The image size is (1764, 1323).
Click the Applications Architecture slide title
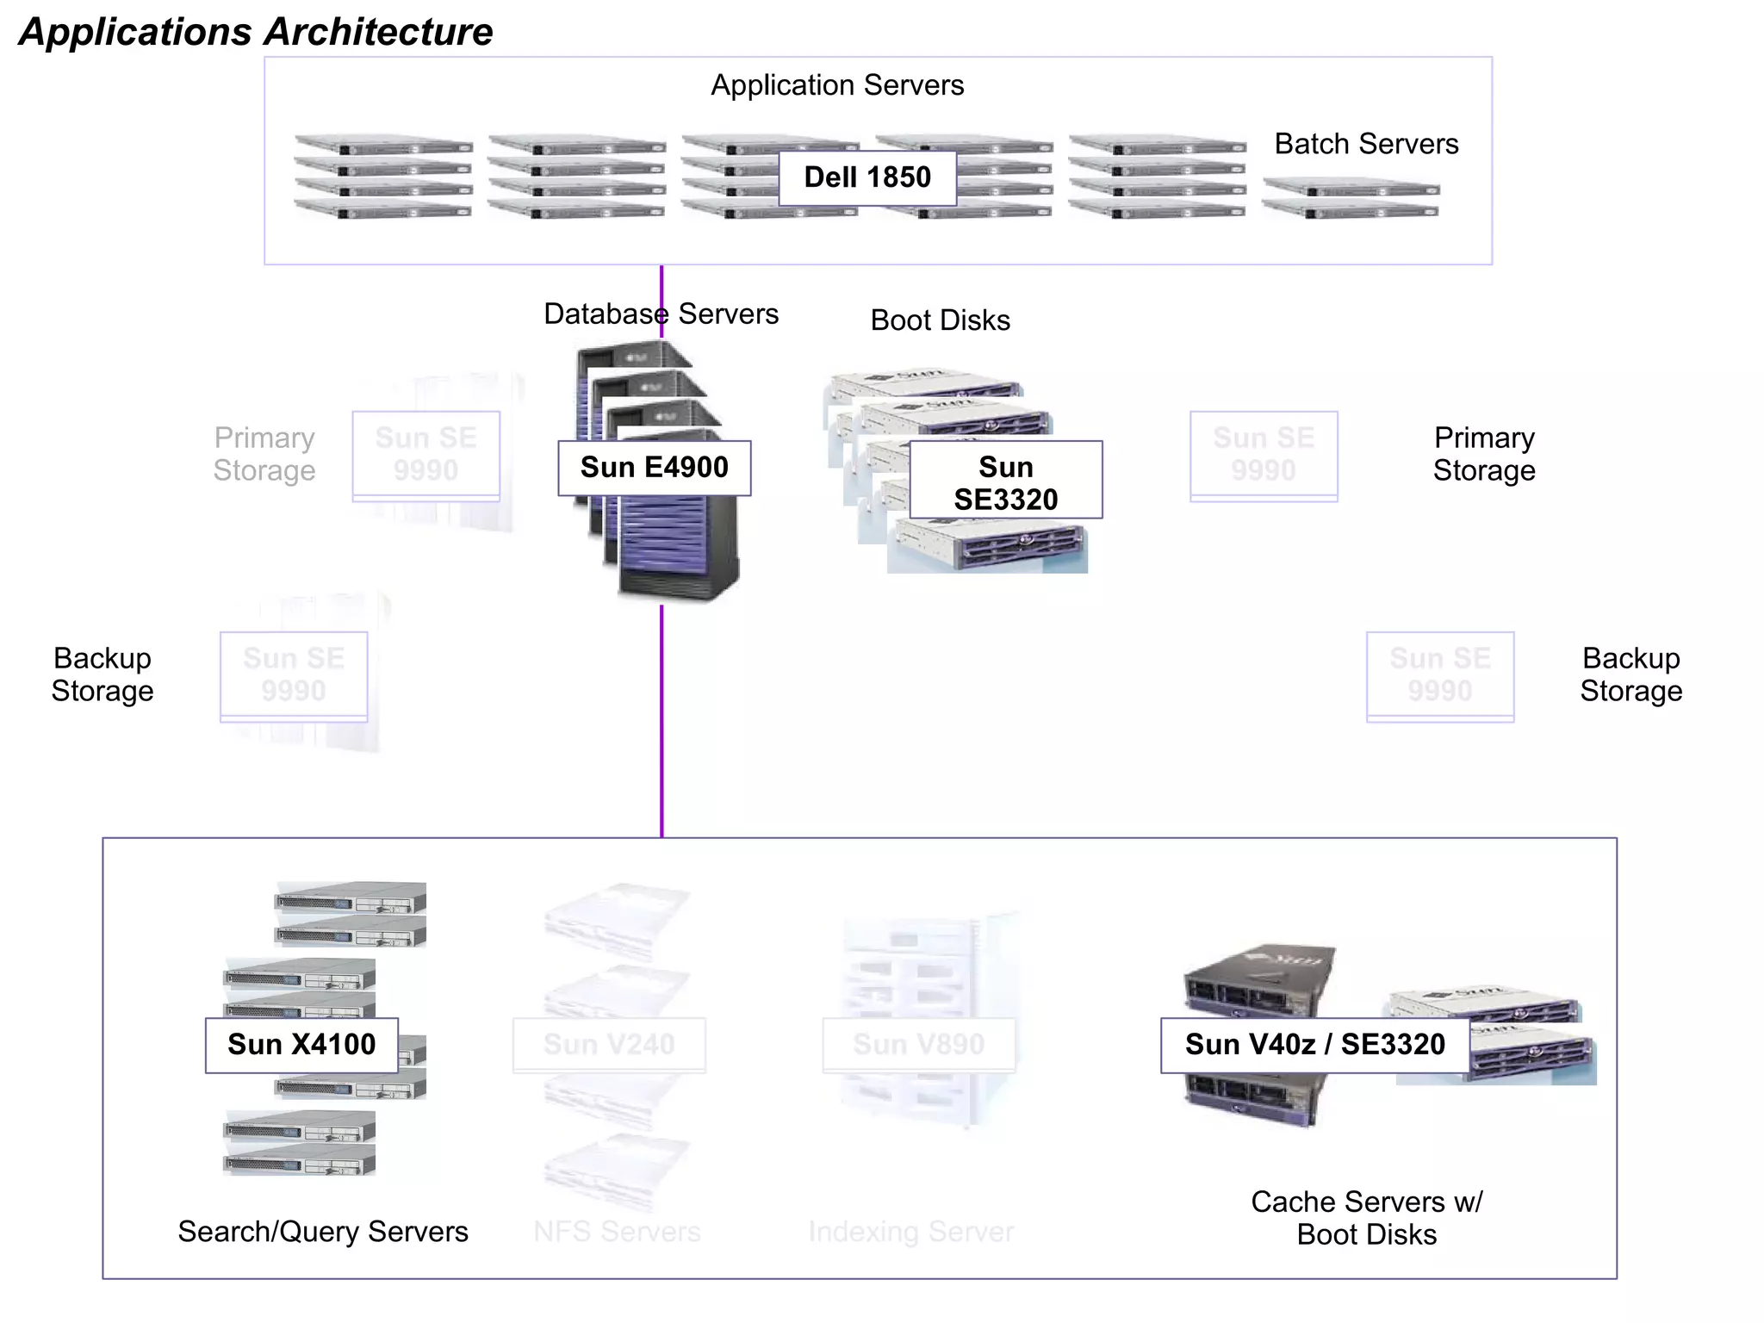coord(256,32)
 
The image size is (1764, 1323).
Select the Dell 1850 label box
coord(866,177)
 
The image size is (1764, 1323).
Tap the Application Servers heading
coord(836,85)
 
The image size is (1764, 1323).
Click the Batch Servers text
coord(1366,144)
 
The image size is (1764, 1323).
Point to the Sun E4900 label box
coord(654,468)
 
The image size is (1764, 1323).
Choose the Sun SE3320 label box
coord(1005,481)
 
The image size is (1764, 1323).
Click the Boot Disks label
coord(940,320)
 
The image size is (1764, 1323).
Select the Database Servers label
coord(661,314)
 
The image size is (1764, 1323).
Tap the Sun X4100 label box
coord(301,1045)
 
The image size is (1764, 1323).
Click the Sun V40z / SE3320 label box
coord(1314,1045)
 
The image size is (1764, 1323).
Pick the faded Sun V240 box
coord(609,1045)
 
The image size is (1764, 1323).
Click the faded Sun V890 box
coord(918,1045)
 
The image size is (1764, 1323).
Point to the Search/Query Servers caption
coord(323,1232)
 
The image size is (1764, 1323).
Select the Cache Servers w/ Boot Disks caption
coord(1366,1218)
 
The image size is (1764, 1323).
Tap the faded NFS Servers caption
coord(617,1232)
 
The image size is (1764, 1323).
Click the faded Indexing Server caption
coord(910,1232)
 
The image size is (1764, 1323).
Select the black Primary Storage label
coord(1483,454)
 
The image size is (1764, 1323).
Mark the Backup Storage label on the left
coord(102,674)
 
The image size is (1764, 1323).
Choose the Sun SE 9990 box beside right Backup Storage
coord(1439,675)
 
